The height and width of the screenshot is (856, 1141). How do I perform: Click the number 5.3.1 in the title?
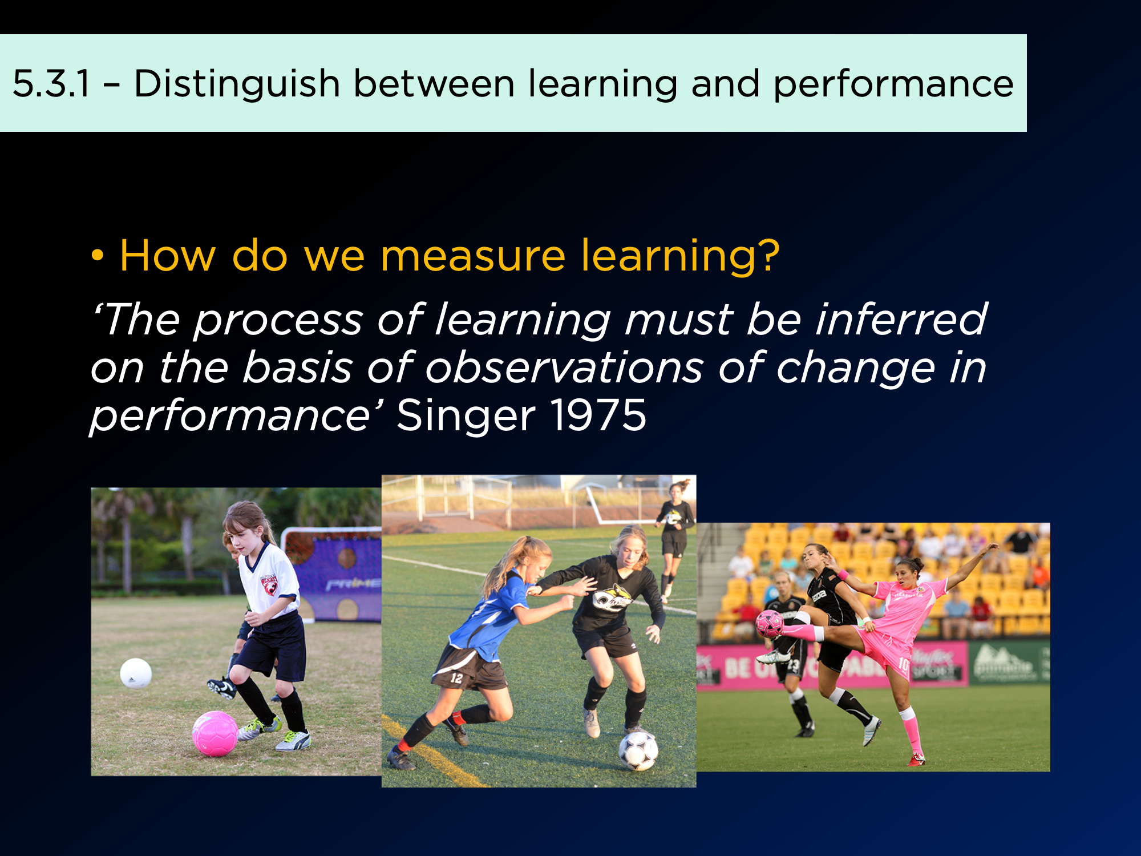pyautogui.click(x=51, y=83)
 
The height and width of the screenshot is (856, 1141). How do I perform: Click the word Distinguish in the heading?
pyautogui.click(x=237, y=84)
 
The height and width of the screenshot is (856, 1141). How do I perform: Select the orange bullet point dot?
pyautogui.click(x=98, y=256)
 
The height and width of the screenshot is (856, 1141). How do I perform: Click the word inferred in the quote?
pyautogui.click(x=901, y=319)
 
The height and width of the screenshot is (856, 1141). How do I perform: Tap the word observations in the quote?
pyautogui.click(x=564, y=368)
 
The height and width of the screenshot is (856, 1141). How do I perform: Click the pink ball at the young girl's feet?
pyautogui.click(x=215, y=733)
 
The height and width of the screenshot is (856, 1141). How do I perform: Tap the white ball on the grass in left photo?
pyautogui.click(x=136, y=673)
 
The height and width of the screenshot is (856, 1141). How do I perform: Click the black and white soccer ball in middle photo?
pyautogui.click(x=638, y=751)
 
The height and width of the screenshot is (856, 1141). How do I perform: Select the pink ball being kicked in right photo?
pyautogui.click(x=770, y=624)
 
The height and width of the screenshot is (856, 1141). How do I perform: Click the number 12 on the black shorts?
pyautogui.click(x=456, y=678)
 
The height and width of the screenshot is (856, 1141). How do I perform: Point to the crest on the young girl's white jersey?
pyautogui.click(x=269, y=585)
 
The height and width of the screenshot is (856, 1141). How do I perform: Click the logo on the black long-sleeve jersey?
pyautogui.click(x=612, y=598)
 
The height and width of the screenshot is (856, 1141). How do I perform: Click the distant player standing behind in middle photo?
pyautogui.click(x=675, y=538)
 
